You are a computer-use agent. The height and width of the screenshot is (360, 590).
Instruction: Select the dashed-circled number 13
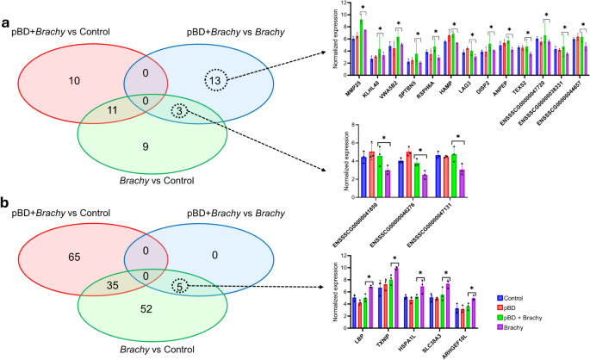[218, 81]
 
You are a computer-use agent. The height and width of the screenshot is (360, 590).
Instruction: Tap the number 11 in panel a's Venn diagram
[102, 111]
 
